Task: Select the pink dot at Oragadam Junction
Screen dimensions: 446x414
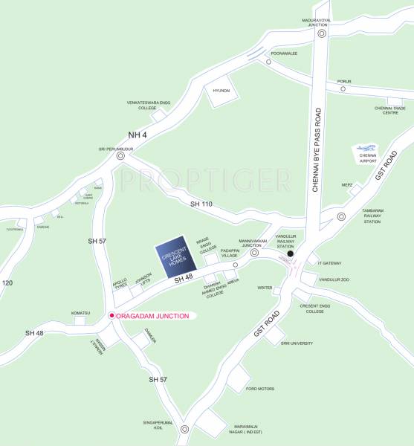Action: pos(111,316)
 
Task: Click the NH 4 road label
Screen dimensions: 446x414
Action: pos(139,135)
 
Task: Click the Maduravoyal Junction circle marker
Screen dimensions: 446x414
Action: pos(322,33)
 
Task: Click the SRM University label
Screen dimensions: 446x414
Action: pos(297,343)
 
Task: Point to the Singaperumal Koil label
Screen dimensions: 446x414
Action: pos(158,425)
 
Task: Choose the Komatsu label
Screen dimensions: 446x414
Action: pos(81,313)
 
